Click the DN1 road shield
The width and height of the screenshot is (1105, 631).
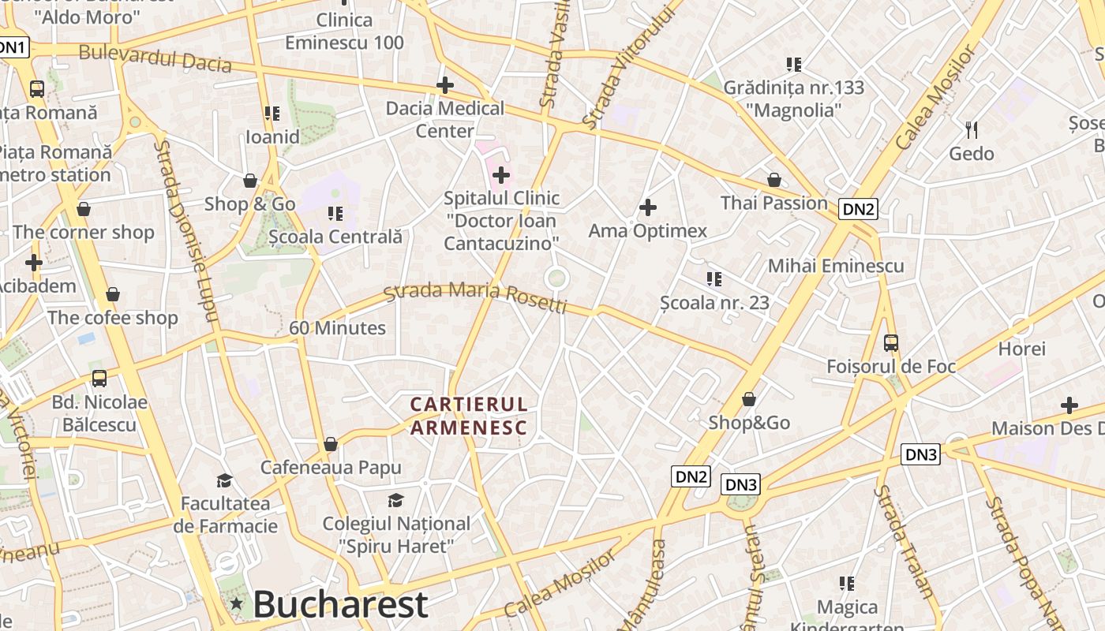click(13, 48)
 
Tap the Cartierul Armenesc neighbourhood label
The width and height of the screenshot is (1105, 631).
click(469, 416)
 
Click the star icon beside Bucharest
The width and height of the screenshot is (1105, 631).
click(236, 604)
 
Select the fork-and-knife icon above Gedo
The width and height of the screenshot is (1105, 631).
click(972, 129)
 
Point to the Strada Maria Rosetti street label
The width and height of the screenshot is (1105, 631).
click(475, 296)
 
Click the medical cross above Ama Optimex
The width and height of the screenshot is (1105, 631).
click(648, 207)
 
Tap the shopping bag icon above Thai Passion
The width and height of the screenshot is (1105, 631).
click(774, 180)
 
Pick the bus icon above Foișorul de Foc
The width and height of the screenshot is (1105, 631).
click(891, 343)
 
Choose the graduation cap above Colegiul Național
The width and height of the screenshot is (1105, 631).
click(395, 500)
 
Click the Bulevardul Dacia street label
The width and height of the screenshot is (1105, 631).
click(155, 58)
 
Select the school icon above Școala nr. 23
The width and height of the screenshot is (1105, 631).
click(714, 278)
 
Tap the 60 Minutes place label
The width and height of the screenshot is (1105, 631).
click(337, 328)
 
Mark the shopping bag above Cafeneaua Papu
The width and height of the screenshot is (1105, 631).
click(331, 444)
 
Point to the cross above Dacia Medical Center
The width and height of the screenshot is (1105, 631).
click(445, 84)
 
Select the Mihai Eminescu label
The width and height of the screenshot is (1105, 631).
click(836, 265)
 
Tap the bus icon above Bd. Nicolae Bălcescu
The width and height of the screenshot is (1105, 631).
click(99, 379)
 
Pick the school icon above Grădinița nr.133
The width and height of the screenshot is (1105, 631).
click(794, 64)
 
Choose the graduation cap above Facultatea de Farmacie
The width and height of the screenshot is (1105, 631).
click(225, 480)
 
